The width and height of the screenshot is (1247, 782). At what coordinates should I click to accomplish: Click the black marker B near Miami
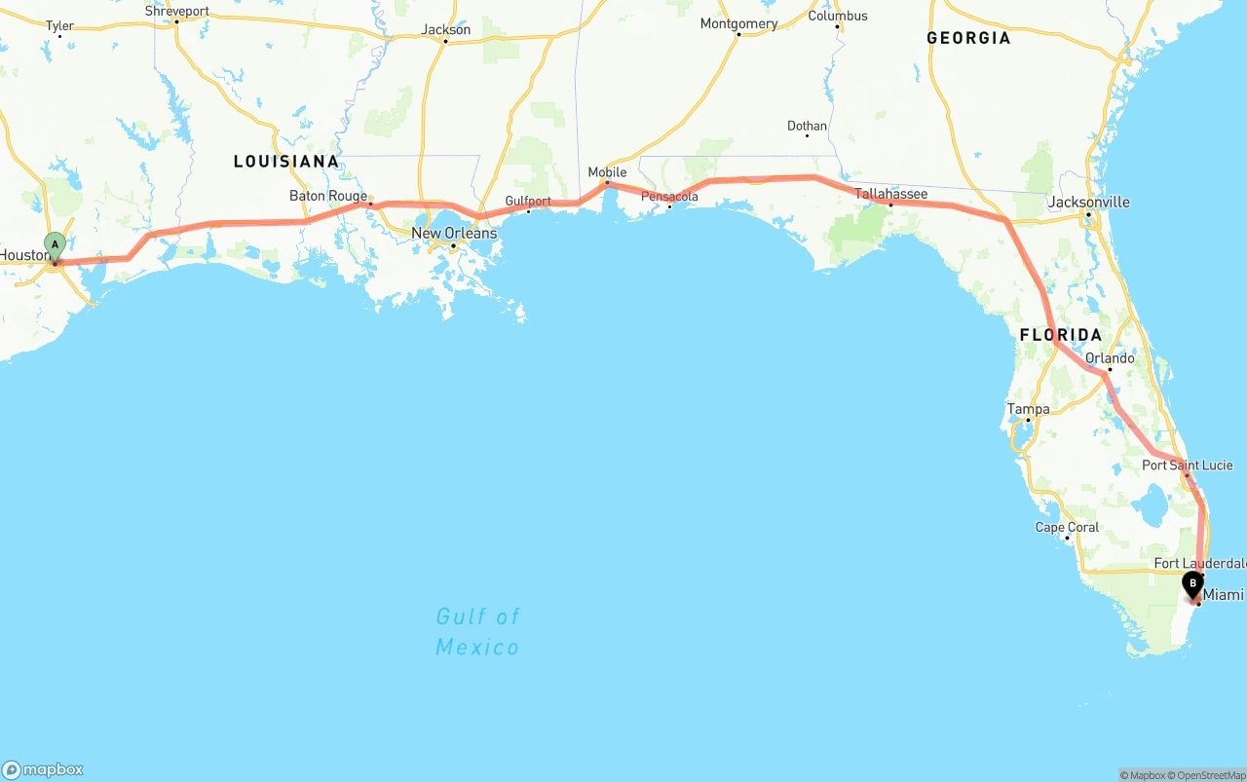point(1191,584)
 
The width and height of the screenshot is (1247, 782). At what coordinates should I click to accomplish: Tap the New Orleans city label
point(454,233)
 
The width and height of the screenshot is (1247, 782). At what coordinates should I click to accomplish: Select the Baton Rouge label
point(328,196)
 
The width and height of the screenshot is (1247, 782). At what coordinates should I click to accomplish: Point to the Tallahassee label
point(891,194)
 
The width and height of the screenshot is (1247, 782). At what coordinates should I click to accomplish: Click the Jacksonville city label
point(1089,203)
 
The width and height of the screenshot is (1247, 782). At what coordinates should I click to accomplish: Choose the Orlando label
point(1110,358)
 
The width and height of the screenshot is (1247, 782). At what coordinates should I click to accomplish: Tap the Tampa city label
point(1029,409)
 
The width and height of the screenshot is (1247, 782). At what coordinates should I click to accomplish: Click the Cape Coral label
point(1067,527)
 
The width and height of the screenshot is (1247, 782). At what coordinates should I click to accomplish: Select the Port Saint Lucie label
point(1188,465)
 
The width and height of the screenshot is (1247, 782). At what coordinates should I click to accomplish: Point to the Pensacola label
point(669,197)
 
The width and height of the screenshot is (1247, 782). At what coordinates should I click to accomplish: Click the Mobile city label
point(607,172)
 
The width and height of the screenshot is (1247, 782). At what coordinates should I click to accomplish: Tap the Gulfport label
point(528,202)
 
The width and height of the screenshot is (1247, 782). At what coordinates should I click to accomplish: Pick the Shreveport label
point(176,12)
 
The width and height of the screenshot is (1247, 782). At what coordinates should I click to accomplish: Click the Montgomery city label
point(738,23)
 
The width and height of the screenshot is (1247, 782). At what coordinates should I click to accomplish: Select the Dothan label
point(807,126)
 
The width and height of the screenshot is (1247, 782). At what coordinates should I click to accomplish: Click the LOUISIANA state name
point(286,162)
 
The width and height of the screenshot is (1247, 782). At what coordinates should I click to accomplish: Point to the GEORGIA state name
point(968,38)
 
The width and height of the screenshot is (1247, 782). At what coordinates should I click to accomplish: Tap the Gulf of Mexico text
point(477,631)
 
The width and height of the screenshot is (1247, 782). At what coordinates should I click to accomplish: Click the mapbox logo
point(43,769)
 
